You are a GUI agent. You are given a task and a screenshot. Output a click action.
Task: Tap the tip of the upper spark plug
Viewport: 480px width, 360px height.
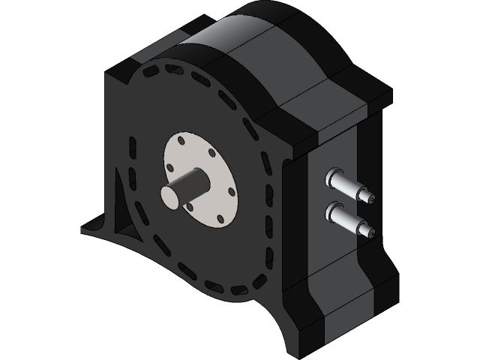tap(370, 198)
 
